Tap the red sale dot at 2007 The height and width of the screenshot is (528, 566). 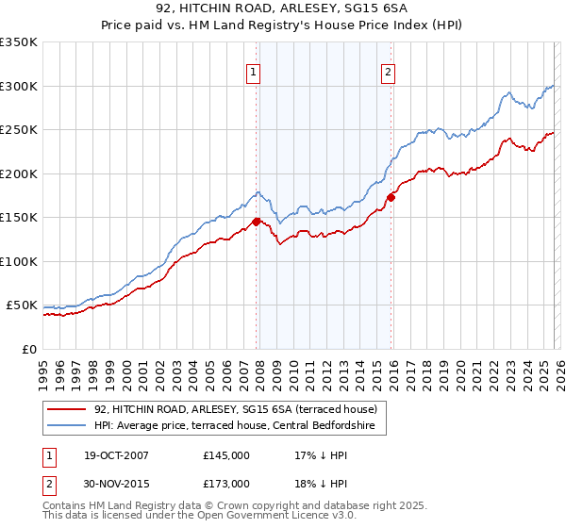coord(256,223)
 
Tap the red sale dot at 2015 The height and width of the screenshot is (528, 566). coord(391,198)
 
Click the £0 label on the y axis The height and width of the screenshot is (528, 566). coord(28,349)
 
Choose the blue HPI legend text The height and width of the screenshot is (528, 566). coord(235,427)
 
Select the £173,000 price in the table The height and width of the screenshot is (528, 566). coord(226,484)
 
